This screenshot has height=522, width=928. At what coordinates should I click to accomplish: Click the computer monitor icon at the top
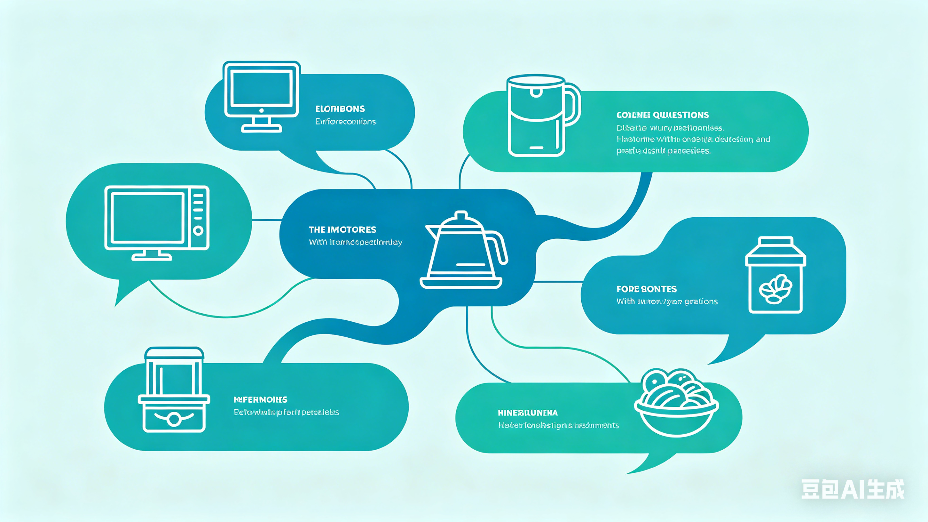261,96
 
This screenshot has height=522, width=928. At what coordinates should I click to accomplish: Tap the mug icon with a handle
540,115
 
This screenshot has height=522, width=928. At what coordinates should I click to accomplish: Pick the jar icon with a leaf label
775,276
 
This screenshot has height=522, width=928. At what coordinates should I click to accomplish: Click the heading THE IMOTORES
342,230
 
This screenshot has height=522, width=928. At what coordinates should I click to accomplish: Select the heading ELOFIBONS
340,109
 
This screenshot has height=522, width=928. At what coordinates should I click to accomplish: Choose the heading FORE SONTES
646,289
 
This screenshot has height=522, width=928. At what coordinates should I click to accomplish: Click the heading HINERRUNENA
528,413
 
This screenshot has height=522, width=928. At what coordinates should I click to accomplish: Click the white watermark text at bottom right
852,490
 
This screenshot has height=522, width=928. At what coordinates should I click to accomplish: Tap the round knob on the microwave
198,231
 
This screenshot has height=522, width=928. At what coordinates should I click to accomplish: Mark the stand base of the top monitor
261,128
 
